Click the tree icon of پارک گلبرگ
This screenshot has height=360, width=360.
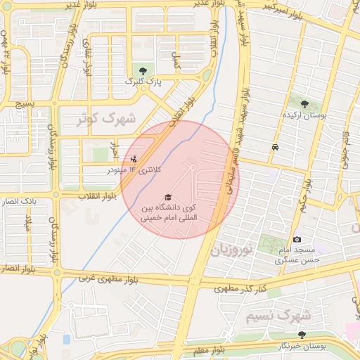[143, 70]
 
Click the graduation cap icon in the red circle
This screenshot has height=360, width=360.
[168, 197]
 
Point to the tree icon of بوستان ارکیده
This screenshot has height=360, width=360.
[304, 104]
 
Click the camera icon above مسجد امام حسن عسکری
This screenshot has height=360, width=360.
[297, 240]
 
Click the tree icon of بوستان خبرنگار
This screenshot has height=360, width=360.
[302, 335]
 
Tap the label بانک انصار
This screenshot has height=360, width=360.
[39, 202]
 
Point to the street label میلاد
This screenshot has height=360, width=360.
[29, 225]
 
